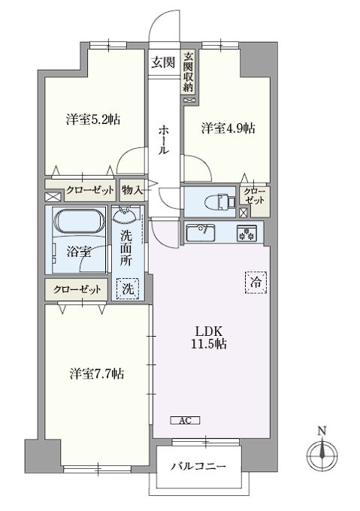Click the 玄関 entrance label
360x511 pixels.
(163, 62)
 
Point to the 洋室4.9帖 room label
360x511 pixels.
(228, 129)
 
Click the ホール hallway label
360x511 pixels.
(163, 140)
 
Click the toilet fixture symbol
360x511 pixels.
(220, 201)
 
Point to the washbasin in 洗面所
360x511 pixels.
(126, 217)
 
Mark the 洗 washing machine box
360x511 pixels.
(127, 289)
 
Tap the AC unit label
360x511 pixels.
(185, 420)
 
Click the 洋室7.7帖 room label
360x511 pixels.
(96, 373)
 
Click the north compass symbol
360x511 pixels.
(322, 455)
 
